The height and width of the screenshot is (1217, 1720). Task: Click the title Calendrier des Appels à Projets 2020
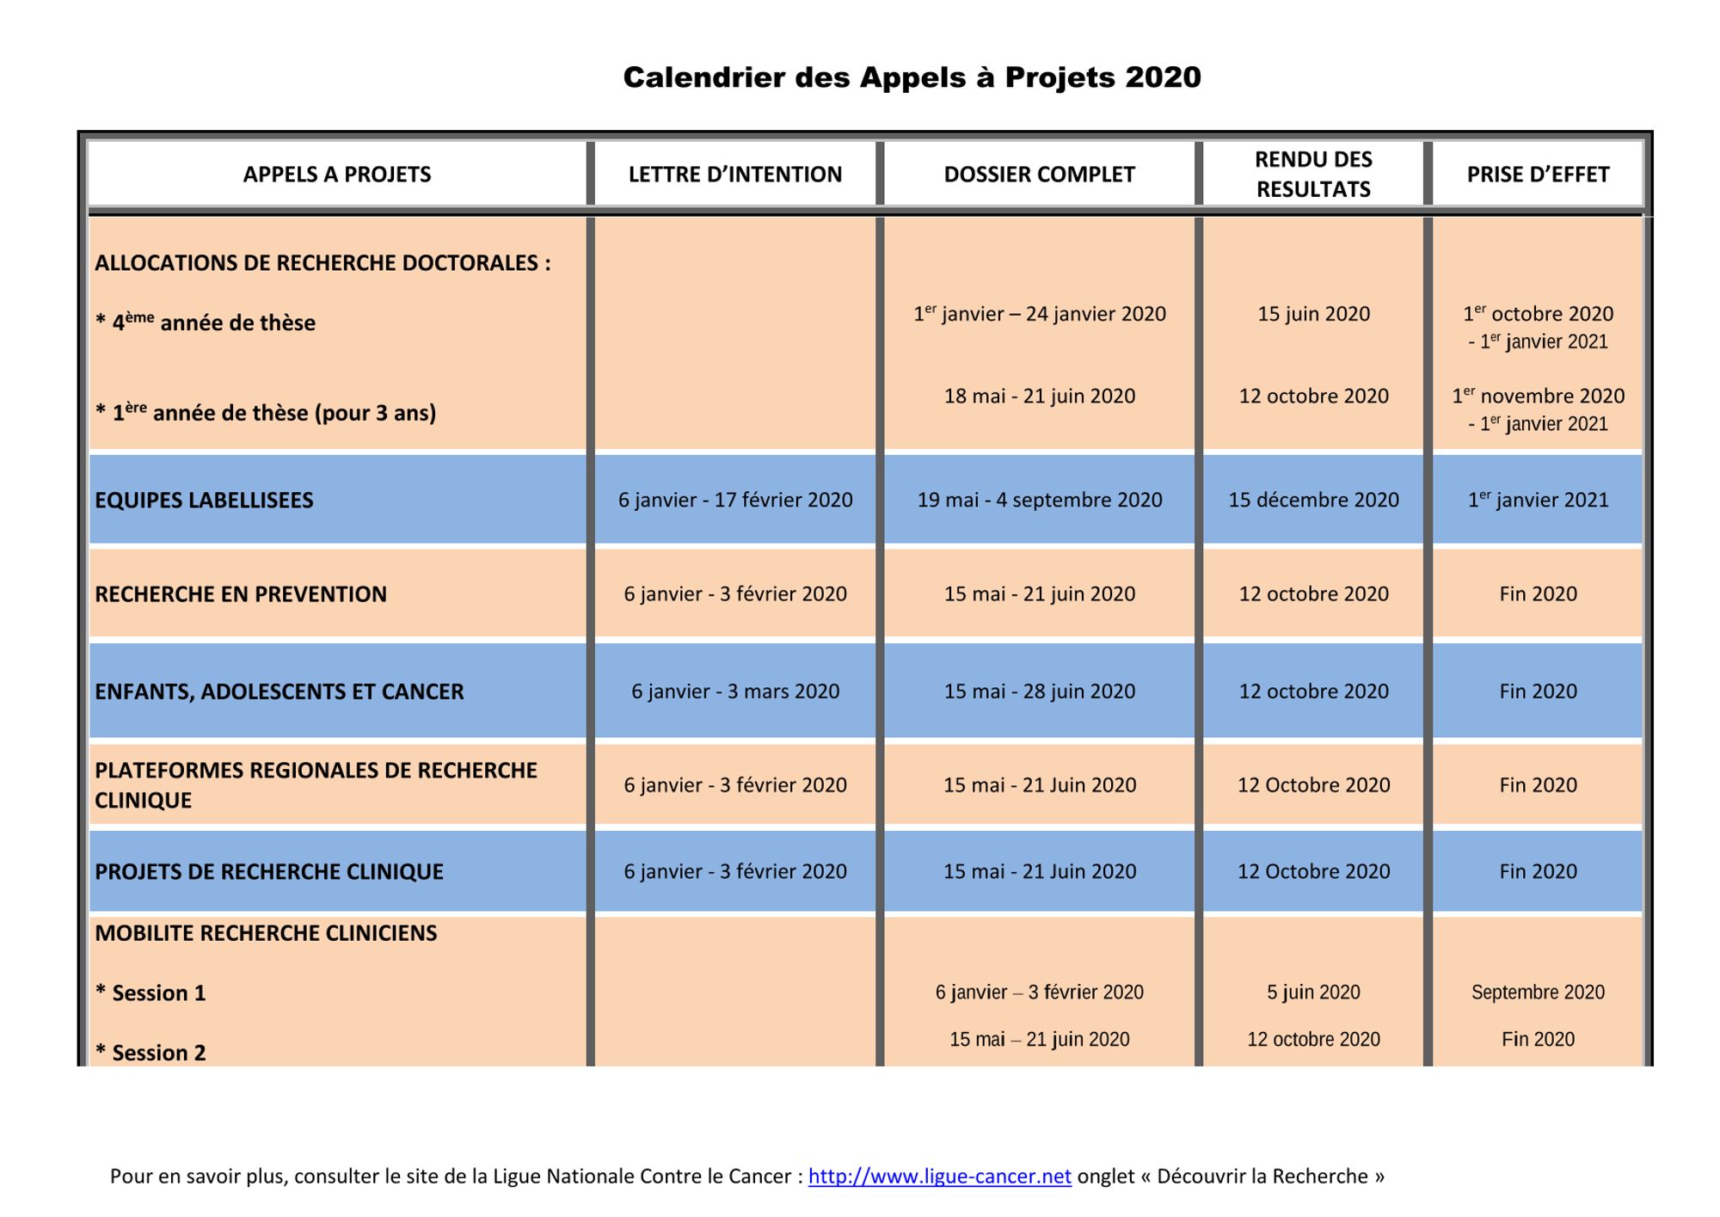click(912, 77)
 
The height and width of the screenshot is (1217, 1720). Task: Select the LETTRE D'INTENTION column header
click(734, 175)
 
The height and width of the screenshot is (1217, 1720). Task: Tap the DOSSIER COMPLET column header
click(1039, 175)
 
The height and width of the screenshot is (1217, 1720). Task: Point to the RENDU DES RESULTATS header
click(1313, 174)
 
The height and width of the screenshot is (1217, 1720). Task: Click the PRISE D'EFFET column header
click(1538, 175)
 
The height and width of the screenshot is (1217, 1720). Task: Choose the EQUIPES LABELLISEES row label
click(204, 501)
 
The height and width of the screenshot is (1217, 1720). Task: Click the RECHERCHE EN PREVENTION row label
click(241, 594)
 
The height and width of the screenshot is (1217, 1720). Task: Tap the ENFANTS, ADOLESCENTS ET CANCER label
click(279, 691)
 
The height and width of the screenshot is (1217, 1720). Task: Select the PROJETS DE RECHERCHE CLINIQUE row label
click(269, 872)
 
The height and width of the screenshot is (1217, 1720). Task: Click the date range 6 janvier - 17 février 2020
click(735, 501)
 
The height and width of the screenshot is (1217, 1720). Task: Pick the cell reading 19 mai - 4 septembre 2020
click(1039, 501)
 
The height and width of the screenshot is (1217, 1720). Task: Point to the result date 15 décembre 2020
click(1313, 501)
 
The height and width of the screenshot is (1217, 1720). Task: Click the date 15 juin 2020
click(1313, 314)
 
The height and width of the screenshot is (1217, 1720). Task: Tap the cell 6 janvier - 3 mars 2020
click(735, 691)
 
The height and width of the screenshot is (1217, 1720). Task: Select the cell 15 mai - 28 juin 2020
click(1039, 691)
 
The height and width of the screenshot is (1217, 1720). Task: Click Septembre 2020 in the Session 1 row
click(1538, 993)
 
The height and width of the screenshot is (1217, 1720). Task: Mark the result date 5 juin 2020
click(1313, 993)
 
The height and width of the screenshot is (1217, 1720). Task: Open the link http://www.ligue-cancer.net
click(939, 1177)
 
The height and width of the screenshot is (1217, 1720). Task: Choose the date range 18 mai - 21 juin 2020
click(1039, 396)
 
